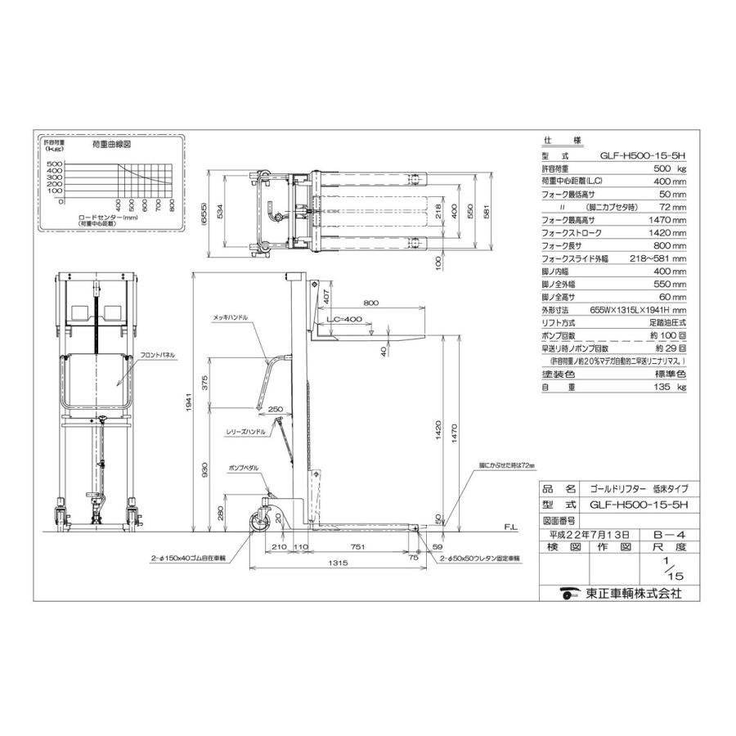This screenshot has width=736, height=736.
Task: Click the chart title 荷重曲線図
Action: tap(113, 144)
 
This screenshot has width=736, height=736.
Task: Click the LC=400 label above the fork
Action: tap(344, 320)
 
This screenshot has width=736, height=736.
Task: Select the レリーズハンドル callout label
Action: tap(247, 430)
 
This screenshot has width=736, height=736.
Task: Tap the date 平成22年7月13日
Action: tap(586, 533)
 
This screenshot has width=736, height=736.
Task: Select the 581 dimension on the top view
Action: tap(488, 212)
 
